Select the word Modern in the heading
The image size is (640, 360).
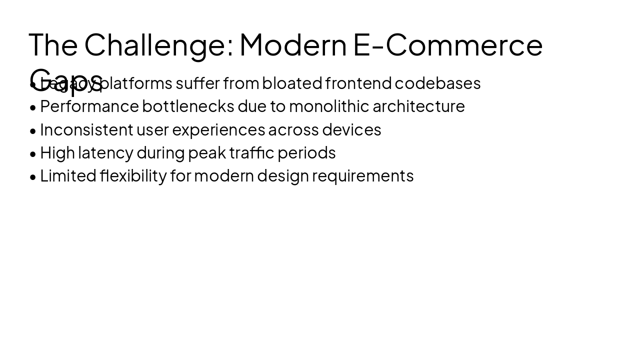pyautogui.click(x=293, y=44)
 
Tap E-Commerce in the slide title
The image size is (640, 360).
pyautogui.click(x=448, y=44)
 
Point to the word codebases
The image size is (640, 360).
pyautogui.click(x=437, y=83)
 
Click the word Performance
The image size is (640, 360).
pyautogui.click(x=89, y=106)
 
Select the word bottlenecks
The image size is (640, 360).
pyautogui.click(x=188, y=106)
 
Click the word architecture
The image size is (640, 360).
pyautogui.click(x=418, y=106)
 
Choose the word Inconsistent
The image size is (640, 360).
pyautogui.click(x=86, y=129)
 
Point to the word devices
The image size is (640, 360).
pyautogui.click(x=351, y=129)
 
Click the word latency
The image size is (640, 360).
pyautogui.click(x=105, y=152)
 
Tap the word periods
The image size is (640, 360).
pyautogui.click(x=306, y=152)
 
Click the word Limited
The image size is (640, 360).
pyautogui.click(x=68, y=176)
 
